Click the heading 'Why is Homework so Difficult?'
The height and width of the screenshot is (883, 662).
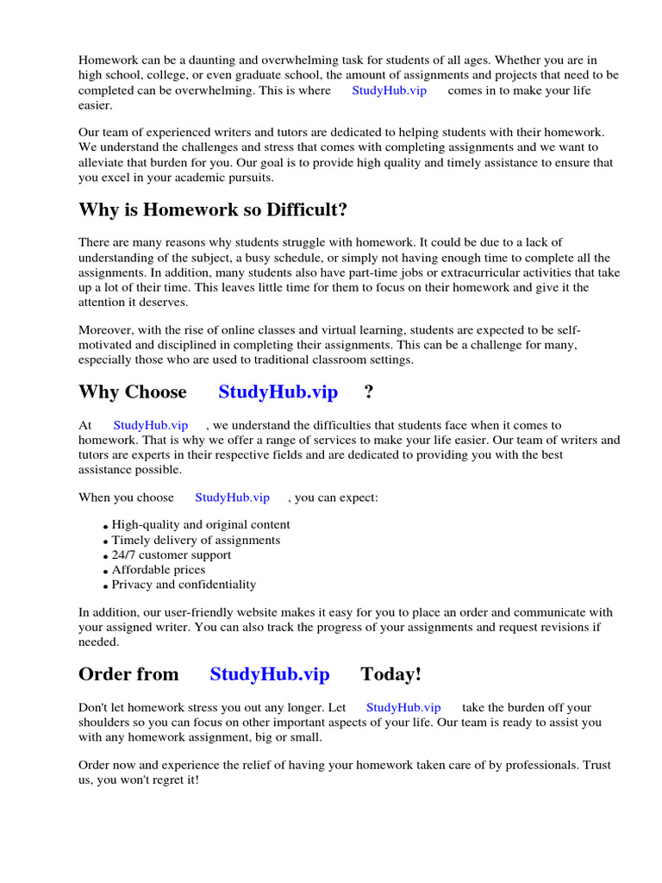(x=213, y=210)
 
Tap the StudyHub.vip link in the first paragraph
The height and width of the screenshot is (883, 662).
(x=389, y=91)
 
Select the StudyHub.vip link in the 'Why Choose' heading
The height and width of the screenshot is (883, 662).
(x=278, y=392)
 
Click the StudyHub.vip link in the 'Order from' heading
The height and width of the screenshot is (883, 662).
(x=269, y=674)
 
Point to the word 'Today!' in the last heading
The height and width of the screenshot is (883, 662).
(x=390, y=674)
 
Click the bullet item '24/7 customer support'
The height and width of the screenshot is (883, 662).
(x=172, y=554)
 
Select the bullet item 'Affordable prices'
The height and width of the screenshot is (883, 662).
(x=159, y=569)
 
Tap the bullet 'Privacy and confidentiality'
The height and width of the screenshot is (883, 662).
(x=184, y=584)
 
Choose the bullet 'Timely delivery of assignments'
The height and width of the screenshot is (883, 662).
(x=196, y=540)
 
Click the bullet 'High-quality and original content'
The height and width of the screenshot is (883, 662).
(x=201, y=524)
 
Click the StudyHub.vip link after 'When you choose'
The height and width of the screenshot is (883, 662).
(x=232, y=498)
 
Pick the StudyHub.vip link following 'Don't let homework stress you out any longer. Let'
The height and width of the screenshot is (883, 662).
(x=403, y=707)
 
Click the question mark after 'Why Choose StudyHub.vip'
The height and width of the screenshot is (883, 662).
(x=369, y=392)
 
